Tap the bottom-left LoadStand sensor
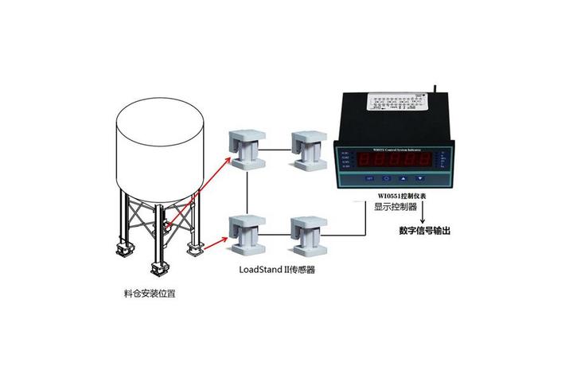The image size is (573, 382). click(x=248, y=236)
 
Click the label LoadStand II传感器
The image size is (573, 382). click(x=277, y=271)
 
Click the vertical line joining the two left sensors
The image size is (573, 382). click(x=248, y=191)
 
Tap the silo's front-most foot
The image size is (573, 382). click(x=157, y=267)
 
